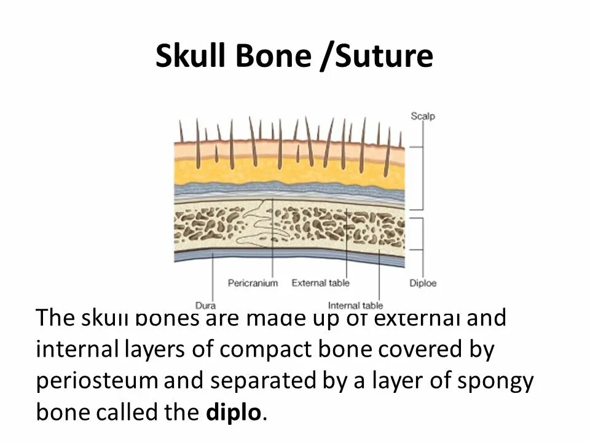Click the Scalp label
coord(422,115)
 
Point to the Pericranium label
coord(253,283)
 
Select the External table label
coord(320,283)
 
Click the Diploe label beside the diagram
coord(423,283)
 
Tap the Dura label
coord(205,305)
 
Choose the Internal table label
coord(355,305)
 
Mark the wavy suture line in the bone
coord(261,227)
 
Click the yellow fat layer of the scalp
coord(289,172)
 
